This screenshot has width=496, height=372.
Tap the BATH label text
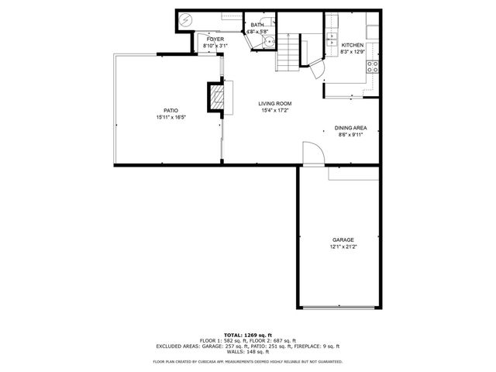coord(256,26)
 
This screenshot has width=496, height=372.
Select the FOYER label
coord(215,39)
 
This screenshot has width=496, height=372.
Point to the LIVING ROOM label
coord(274,104)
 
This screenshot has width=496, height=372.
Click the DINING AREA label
coord(350,128)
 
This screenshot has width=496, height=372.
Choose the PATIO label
coord(170,111)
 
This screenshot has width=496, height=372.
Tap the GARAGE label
coord(343,240)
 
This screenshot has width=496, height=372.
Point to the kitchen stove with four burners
coord(372,66)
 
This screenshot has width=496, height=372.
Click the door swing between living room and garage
coord(310,153)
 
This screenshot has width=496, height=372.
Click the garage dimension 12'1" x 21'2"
coord(344,247)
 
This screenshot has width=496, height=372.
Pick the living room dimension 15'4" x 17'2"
coord(274,111)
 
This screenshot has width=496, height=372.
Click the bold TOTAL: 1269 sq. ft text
coord(247,333)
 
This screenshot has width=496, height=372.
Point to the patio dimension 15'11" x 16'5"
coord(170,118)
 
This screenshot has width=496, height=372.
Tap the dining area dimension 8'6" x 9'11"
coord(350,135)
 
